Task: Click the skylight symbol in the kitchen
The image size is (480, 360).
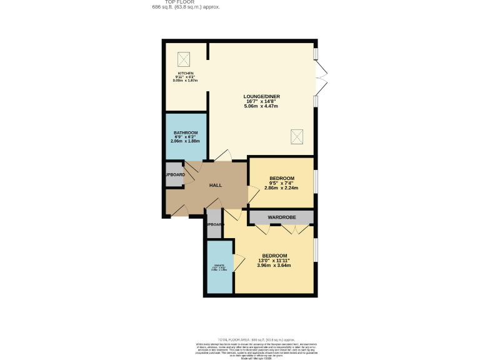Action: [x=184, y=59]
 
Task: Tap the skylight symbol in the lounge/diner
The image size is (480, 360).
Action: [x=297, y=136]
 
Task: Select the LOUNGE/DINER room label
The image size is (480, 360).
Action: [x=261, y=96]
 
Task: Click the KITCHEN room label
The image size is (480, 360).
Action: [x=186, y=73]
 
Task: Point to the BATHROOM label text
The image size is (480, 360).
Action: [x=186, y=132]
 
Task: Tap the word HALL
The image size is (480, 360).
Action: [x=215, y=186]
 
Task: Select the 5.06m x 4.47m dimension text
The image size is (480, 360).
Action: [x=261, y=107]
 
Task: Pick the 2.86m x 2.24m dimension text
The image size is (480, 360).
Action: [x=281, y=187]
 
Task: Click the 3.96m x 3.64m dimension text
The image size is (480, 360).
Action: [x=274, y=266]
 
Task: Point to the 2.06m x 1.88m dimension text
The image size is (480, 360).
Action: [x=186, y=141]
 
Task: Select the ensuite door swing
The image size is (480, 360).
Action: [x=239, y=263]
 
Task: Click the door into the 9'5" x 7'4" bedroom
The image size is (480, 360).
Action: [x=252, y=194]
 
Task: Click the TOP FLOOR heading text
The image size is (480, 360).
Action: [x=186, y=2]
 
